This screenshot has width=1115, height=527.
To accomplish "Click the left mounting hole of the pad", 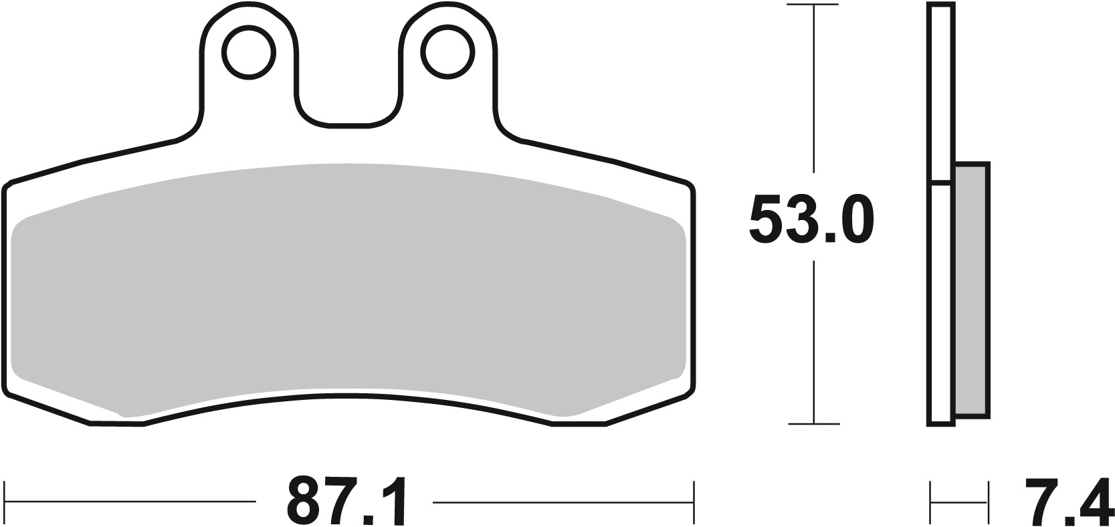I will pos(249,51).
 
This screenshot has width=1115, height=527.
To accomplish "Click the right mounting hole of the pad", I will pos(446,51).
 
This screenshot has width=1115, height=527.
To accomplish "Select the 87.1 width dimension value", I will pos(346,502).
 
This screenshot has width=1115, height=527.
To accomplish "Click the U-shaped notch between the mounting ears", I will pos(348,107).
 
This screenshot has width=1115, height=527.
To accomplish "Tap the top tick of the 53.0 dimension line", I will pos(813,5).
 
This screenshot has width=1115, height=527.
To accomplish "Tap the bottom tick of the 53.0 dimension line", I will pos(813,423).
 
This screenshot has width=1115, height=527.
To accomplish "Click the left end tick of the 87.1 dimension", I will pos(5,502).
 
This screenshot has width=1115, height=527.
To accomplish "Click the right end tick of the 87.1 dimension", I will pos(693,502).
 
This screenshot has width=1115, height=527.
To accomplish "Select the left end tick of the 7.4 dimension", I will pos(930,502).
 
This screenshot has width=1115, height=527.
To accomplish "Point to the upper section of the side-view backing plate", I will pos(941,94).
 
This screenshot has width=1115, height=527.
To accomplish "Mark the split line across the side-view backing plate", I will pos(941,181).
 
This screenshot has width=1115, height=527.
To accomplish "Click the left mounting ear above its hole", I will pos(249,15).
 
